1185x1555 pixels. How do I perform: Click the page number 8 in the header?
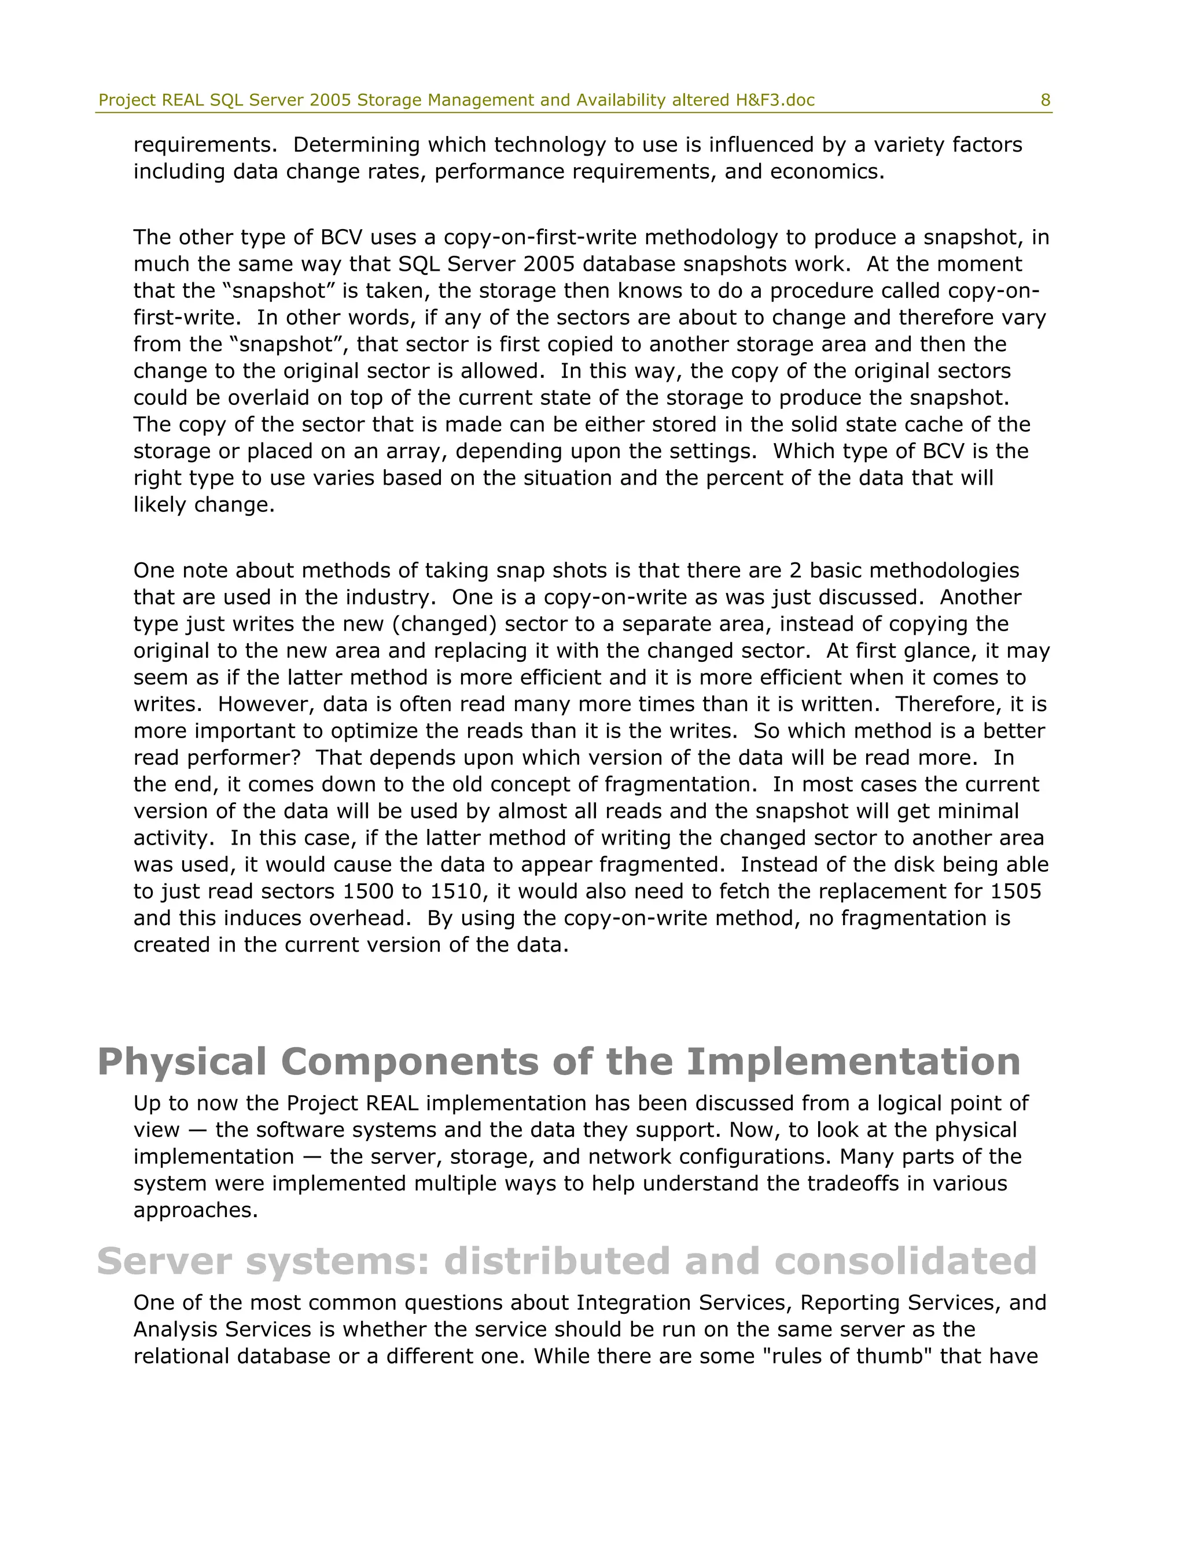coord(1046,100)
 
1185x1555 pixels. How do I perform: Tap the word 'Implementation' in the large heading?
coord(853,1062)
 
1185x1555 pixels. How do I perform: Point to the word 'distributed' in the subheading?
coord(556,1261)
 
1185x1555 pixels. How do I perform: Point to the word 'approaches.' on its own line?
coord(196,1210)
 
